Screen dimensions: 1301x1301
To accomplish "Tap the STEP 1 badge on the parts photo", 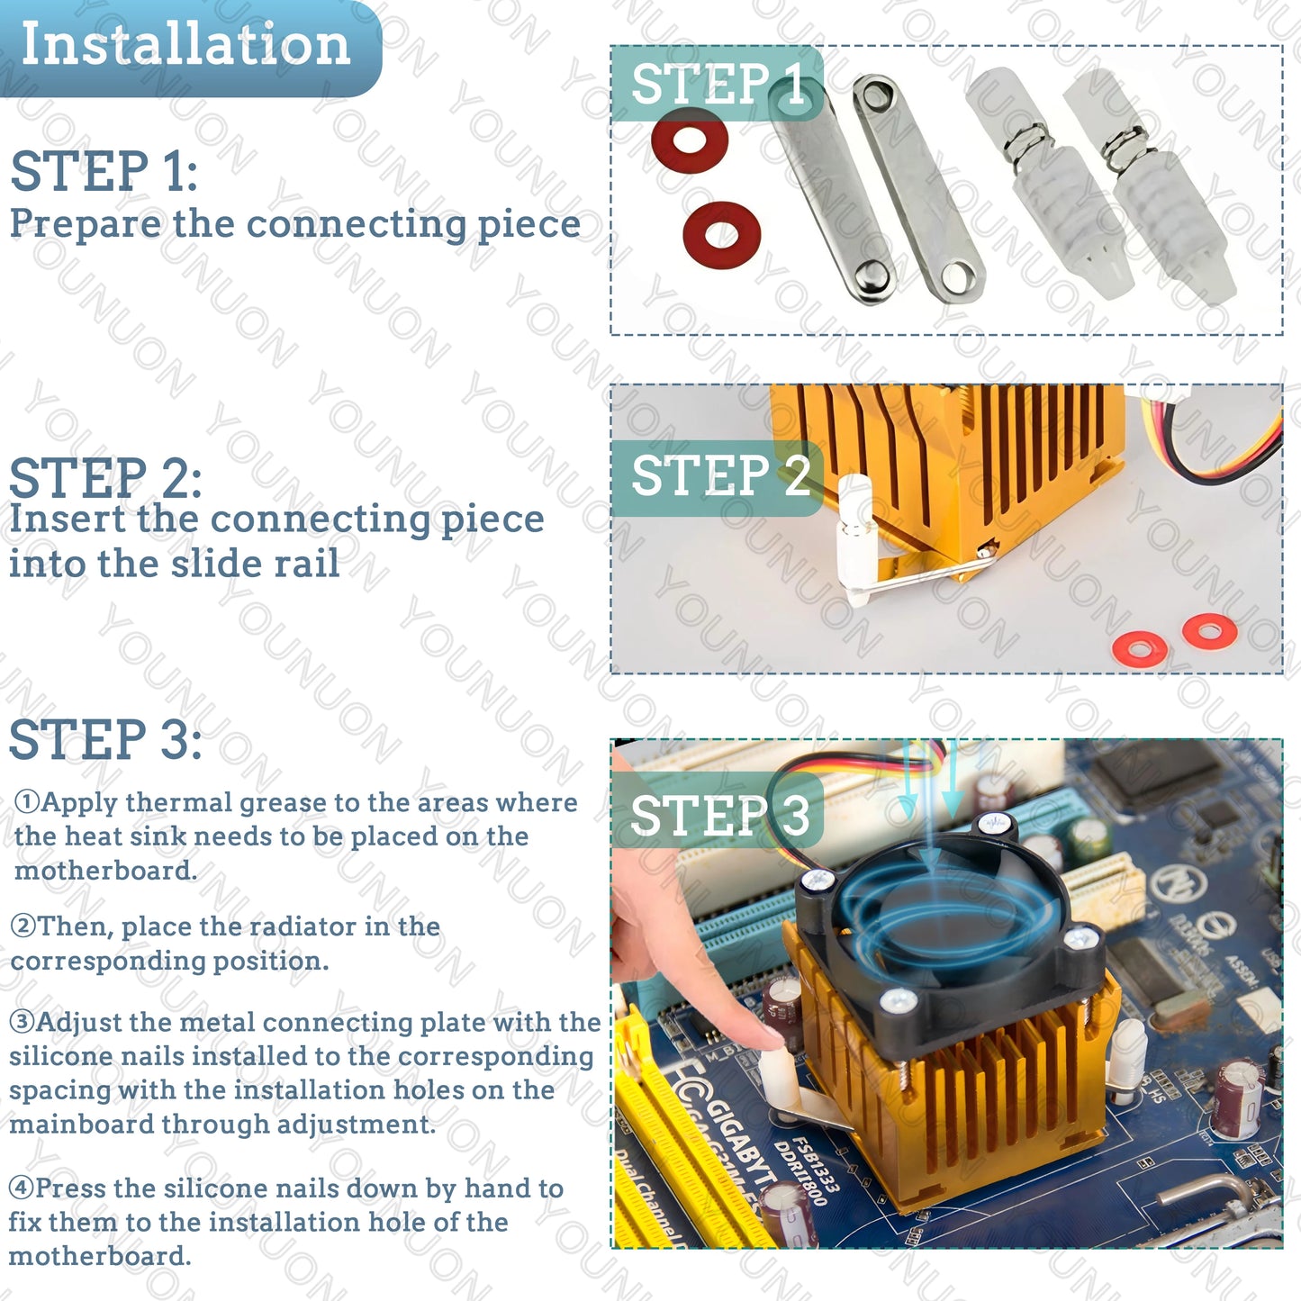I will coord(718,84).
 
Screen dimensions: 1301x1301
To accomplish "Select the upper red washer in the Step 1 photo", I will coord(690,140).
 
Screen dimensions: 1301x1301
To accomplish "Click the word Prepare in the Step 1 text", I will coord(85,224).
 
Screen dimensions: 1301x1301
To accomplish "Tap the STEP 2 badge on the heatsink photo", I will coord(718,476).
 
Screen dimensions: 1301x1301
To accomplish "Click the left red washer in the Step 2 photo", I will coord(1140,648).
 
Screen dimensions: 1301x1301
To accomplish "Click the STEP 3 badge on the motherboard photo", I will coord(718,816).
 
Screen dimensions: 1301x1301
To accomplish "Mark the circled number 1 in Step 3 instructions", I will coord(27,802).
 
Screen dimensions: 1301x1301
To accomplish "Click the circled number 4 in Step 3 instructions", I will coord(21,1188).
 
